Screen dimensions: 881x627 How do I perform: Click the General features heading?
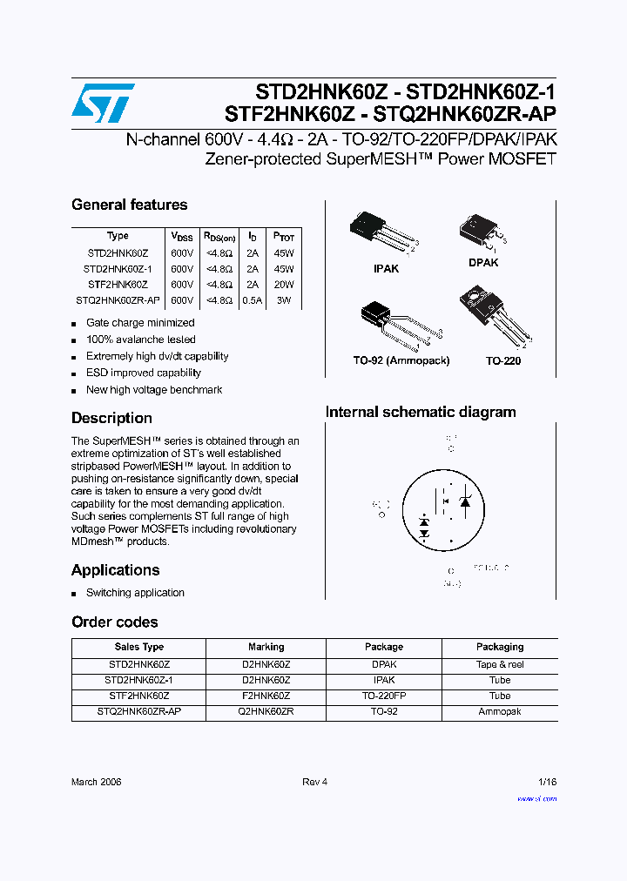coord(129,205)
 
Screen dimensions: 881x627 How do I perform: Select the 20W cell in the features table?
coord(284,285)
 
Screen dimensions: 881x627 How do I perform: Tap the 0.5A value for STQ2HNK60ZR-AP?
coord(253,300)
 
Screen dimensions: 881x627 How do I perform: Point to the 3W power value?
coord(284,300)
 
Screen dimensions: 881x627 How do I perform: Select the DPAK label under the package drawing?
coord(483,262)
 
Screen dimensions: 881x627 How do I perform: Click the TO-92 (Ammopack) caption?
coord(402,360)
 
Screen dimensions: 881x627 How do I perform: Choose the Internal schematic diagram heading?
coord(421,413)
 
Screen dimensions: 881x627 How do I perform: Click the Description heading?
coord(111,418)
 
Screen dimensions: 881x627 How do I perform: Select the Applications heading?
coord(115,570)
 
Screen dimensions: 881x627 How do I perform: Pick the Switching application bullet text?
coord(135,593)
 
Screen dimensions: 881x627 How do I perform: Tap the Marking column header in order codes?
coord(266,647)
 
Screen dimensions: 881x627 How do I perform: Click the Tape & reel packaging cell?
coord(500,664)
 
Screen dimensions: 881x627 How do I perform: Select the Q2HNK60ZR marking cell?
coord(266,711)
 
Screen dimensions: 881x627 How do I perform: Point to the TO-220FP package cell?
coord(384,696)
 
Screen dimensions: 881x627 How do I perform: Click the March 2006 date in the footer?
coord(96,782)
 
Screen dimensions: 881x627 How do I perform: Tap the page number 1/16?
coord(547,782)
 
